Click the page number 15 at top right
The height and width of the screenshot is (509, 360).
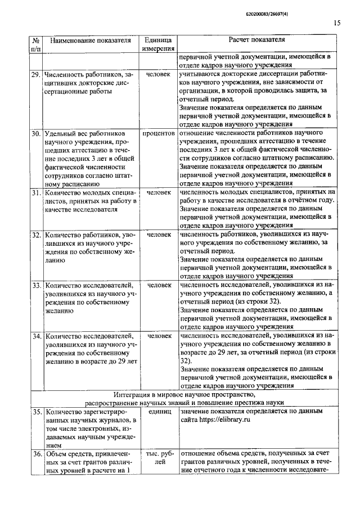(336, 23)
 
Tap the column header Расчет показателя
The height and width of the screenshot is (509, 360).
(256, 40)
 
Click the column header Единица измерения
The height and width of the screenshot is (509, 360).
(157, 45)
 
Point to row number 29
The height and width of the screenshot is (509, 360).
(35, 74)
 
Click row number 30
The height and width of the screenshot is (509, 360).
(35, 134)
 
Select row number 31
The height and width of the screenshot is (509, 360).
(35, 193)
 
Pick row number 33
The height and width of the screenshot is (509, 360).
(35, 285)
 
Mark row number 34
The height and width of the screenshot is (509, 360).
(35, 336)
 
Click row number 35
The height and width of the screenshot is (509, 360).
(35, 412)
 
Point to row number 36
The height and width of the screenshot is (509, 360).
(35, 454)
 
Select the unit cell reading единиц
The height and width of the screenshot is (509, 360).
(158, 412)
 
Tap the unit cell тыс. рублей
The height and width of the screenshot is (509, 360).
(158, 458)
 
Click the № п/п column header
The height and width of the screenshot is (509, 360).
(35, 45)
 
